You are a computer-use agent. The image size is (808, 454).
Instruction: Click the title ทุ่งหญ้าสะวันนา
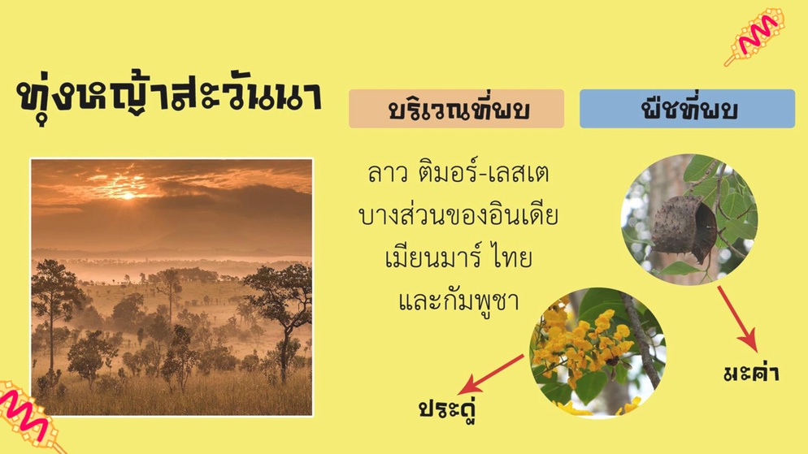pyautogui.click(x=169, y=97)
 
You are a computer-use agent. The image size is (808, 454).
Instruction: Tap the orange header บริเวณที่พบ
pyautogui.click(x=457, y=109)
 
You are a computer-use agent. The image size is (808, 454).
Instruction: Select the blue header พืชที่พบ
pyautogui.click(x=688, y=109)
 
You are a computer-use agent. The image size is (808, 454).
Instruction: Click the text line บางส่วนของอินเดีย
pyautogui.click(x=458, y=214)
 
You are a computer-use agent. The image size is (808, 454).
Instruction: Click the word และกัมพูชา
pyautogui.click(x=458, y=301)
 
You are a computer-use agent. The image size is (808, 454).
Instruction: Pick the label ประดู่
pyautogui.click(x=447, y=409)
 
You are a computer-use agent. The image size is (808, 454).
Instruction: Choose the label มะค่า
pyautogui.click(x=751, y=372)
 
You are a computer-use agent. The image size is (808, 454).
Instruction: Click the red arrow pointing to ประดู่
pyautogui.click(x=491, y=374)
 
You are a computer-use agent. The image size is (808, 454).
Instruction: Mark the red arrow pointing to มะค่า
pyautogui.click(x=737, y=319)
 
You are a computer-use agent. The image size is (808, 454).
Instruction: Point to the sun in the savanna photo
pyautogui.click(x=128, y=195)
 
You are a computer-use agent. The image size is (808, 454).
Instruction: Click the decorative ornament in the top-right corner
pyautogui.click(x=755, y=35)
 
